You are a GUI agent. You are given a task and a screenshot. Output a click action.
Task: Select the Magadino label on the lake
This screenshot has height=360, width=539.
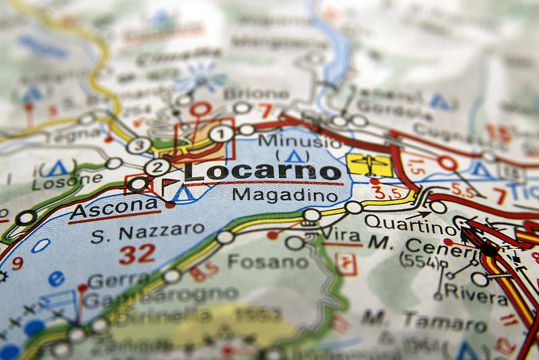(284, 195)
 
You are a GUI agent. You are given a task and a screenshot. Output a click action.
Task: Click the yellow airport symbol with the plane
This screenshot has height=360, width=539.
(369, 164)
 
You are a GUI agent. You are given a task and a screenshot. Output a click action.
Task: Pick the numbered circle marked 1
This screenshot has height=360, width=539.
(221, 133)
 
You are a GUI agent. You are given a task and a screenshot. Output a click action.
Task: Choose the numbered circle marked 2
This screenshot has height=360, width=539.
(157, 167)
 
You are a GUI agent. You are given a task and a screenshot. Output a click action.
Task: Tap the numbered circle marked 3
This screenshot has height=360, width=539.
(139, 145)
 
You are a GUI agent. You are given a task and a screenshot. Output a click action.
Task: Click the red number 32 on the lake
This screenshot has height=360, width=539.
(137, 254)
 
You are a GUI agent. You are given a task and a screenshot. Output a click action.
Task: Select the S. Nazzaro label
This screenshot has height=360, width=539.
(148, 233)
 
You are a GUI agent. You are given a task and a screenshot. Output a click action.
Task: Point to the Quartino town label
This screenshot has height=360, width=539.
(401, 222)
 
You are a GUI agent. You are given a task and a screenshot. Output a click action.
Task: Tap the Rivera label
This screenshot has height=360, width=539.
(485, 293)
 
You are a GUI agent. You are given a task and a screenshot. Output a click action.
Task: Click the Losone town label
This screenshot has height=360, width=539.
(67, 181)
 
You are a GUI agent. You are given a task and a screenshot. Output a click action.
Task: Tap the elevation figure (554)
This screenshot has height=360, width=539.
(419, 262)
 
